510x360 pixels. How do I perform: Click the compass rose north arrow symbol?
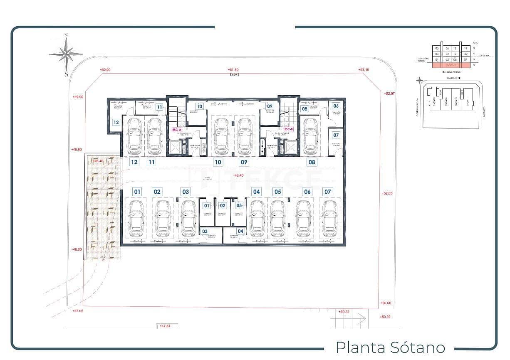[66, 53]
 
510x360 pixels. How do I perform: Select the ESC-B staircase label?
[289, 129]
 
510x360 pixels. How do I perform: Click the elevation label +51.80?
[233, 70]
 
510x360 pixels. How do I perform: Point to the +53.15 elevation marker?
[364, 70]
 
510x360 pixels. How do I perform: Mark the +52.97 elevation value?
[389, 94]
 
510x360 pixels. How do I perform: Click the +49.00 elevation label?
[78, 96]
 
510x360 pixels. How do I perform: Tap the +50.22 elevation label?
[344, 311]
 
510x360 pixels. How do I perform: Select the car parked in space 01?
[136, 218]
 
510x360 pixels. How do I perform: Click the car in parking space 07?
[329, 218]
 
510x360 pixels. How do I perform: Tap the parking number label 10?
[218, 162]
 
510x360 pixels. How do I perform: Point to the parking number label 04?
[256, 192]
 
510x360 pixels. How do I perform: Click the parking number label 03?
[186, 192]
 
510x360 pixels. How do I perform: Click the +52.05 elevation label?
[387, 193]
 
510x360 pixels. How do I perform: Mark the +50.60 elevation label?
[386, 303]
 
